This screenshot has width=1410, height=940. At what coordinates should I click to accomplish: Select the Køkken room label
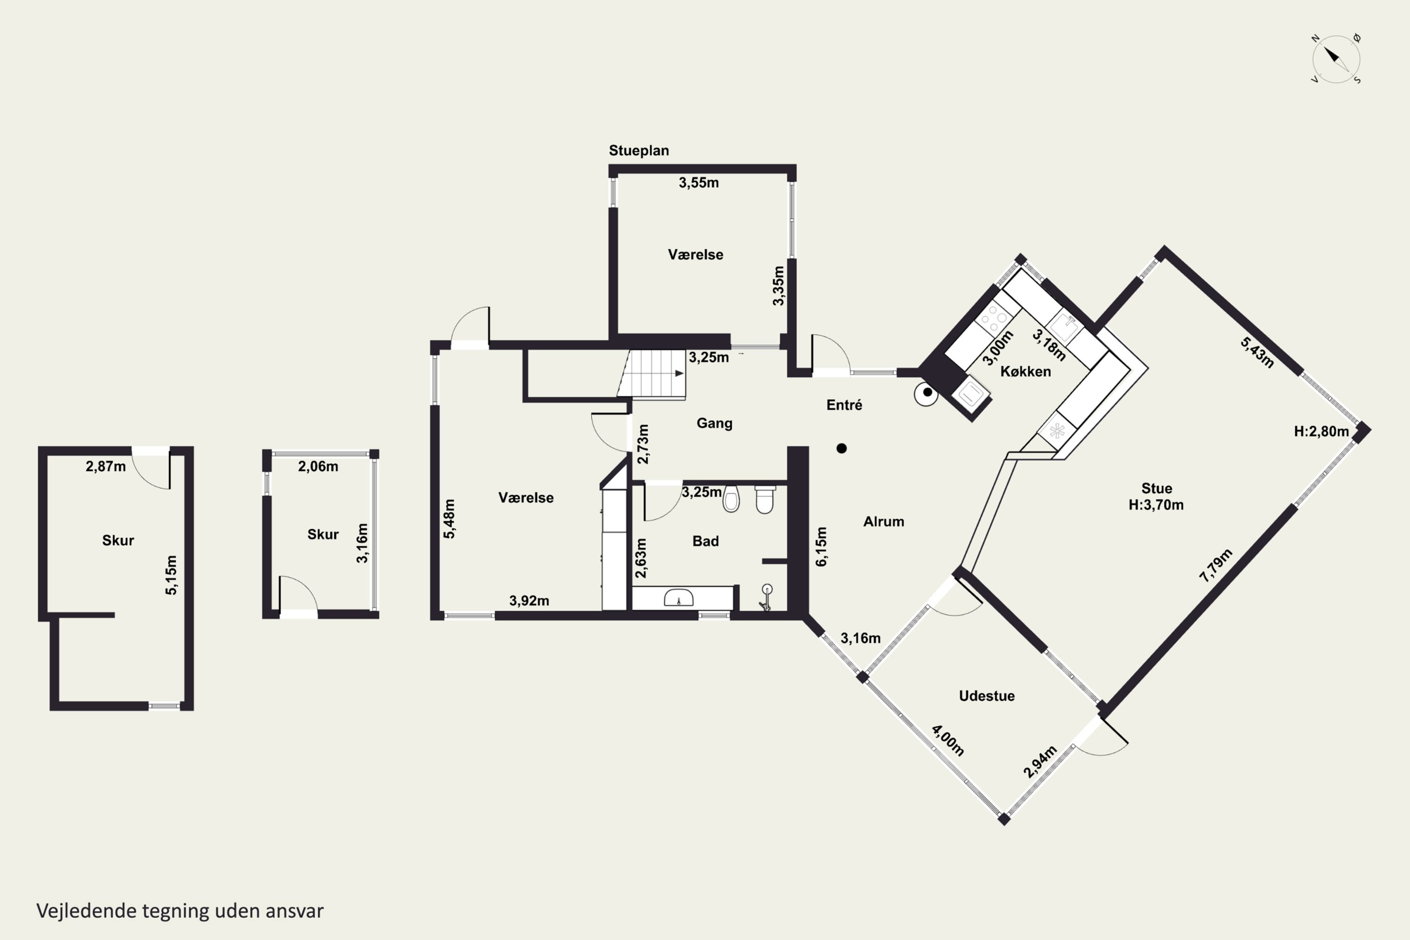(x=1025, y=372)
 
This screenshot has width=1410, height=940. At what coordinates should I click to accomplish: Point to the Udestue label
(x=987, y=696)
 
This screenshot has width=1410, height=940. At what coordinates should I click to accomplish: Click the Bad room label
(x=705, y=541)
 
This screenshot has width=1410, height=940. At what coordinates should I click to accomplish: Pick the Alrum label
(x=884, y=522)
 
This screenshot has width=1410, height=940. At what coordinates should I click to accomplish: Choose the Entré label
(x=844, y=405)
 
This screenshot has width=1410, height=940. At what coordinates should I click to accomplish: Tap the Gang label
(x=714, y=423)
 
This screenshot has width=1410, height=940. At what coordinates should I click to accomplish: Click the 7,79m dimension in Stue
(x=1216, y=565)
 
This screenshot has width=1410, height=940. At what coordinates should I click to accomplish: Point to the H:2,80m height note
(x=1321, y=431)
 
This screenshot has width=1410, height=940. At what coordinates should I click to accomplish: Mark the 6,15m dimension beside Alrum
(x=821, y=546)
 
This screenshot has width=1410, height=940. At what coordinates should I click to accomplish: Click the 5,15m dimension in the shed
(x=172, y=575)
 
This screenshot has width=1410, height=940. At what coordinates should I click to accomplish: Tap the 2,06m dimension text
(x=318, y=466)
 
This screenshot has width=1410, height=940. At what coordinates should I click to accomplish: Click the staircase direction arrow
(x=680, y=374)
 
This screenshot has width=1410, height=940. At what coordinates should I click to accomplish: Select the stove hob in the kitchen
(x=993, y=318)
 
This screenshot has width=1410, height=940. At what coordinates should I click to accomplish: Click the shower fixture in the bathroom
(x=766, y=598)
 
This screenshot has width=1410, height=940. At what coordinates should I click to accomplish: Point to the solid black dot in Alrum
(x=842, y=448)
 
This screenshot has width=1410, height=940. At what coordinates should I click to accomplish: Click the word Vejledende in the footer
(x=86, y=911)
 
